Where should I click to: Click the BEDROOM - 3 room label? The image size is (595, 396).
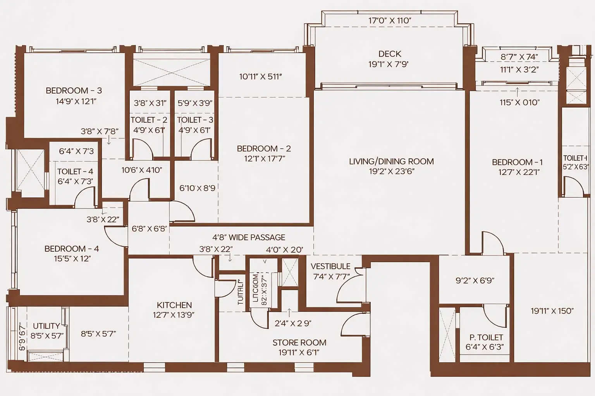(x=74, y=90)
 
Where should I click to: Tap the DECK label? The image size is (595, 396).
(x=390, y=54)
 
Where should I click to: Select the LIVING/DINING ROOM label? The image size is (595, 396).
(x=391, y=161)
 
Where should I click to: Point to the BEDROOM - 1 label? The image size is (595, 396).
(x=517, y=162)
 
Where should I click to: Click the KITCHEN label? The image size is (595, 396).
(x=174, y=305)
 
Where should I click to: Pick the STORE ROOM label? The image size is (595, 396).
(x=299, y=343)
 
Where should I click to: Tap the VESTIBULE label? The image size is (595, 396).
(x=330, y=266)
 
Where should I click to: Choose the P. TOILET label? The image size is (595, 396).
(x=486, y=338)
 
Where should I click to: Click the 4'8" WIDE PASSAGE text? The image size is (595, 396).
(x=248, y=237)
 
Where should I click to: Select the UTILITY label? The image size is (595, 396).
(x=46, y=326)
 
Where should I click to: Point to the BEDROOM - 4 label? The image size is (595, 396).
(x=72, y=249)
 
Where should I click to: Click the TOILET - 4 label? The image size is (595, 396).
(x=75, y=171)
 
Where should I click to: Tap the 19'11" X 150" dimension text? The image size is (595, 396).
(x=552, y=311)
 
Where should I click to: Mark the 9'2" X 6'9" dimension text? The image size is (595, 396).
(x=475, y=280)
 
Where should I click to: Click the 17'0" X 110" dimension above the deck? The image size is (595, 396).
(x=390, y=20)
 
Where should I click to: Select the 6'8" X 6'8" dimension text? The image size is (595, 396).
(x=149, y=229)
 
